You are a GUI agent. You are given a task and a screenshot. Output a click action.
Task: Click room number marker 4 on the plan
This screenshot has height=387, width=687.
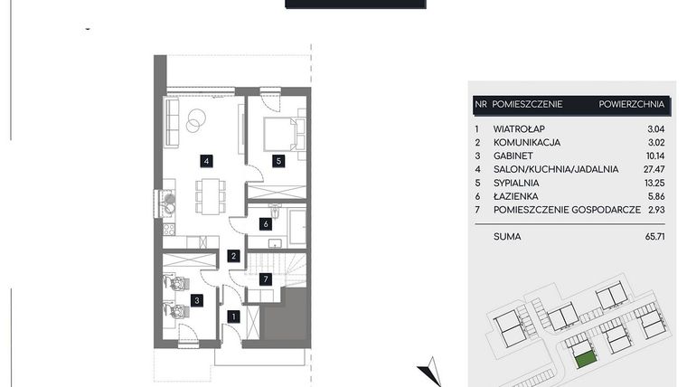click(x=207, y=161)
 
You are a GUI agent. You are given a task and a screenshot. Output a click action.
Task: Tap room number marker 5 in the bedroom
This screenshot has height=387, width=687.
click(x=279, y=161)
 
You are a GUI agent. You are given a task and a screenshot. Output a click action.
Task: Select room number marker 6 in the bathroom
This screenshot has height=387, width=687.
click(x=266, y=223)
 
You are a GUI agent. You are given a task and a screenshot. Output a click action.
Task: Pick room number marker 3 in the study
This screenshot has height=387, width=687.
click(x=197, y=299)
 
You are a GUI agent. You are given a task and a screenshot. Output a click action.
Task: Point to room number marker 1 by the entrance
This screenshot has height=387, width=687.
click(x=233, y=316)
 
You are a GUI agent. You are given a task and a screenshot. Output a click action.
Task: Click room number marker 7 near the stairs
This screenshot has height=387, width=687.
click(x=265, y=279)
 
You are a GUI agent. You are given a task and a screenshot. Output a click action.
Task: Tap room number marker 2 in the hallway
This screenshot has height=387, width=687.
click(x=233, y=257)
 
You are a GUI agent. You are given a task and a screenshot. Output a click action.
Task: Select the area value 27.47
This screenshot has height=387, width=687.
click(x=652, y=168)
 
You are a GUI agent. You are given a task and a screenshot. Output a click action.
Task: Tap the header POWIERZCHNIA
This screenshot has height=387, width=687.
click(x=631, y=105)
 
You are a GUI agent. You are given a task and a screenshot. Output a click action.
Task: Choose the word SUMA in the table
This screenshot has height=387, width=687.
click(x=507, y=237)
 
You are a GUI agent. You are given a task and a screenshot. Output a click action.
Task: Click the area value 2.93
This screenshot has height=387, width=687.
click(x=654, y=210)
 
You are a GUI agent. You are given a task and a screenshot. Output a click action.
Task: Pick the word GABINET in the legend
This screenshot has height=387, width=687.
click(x=515, y=155)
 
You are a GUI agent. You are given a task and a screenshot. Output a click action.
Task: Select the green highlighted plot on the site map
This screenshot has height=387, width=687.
click(x=584, y=358)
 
